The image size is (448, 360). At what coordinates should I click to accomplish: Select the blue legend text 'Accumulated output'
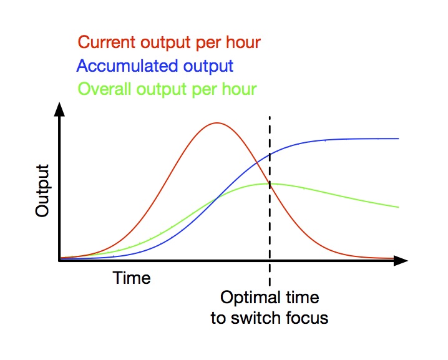click(155, 67)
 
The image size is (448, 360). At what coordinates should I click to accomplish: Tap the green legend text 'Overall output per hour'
click(167, 90)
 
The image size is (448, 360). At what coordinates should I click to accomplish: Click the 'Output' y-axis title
click(42, 190)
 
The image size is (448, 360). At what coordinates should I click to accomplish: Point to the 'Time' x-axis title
click(132, 278)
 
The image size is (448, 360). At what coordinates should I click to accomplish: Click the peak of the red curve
click(217, 123)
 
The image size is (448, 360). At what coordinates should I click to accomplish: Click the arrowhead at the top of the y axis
click(59, 109)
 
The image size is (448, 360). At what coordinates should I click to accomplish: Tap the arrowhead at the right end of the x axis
click(401, 261)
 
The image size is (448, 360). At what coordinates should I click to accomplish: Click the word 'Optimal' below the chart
click(250, 298)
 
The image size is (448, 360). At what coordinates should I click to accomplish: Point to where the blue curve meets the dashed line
click(270, 155)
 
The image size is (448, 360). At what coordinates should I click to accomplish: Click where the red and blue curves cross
click(257, 163)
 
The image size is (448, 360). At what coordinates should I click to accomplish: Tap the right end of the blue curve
click(398, 139)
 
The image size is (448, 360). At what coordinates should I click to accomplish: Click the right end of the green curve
click(398, 207)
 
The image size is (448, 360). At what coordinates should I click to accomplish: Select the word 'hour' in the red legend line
click(243, 42)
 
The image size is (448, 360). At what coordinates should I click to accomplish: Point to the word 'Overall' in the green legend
click(105, 89)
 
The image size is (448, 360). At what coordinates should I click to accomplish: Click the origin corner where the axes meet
click(59, 261)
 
